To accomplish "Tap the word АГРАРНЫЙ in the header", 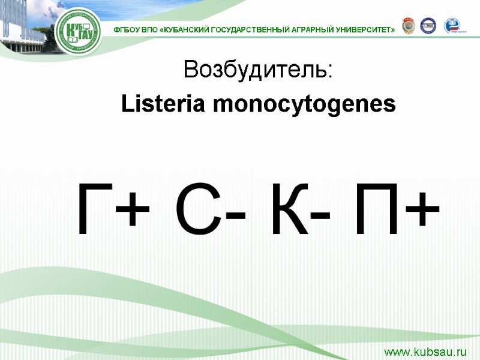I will tap(315, 29).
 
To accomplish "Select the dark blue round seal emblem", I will tap(428, 26).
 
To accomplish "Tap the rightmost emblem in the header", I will tap(452, 26).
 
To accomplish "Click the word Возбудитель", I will tap(257, 70).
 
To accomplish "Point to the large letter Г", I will tap(93, 210).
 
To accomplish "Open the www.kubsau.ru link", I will tap(425, 350).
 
